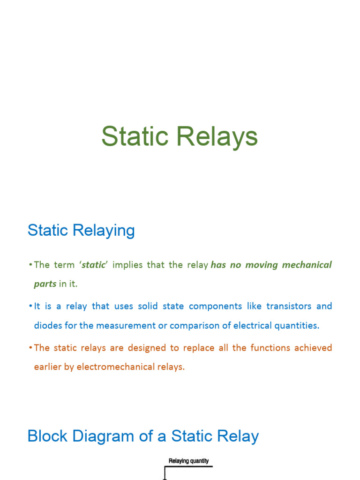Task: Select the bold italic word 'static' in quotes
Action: point(94,265)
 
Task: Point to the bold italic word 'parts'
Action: point(45,284)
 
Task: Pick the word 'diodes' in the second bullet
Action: point(47,326)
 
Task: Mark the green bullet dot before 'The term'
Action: point(30,265)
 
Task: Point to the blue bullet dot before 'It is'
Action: point(30,307)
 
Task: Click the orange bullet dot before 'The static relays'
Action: point(30,348)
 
